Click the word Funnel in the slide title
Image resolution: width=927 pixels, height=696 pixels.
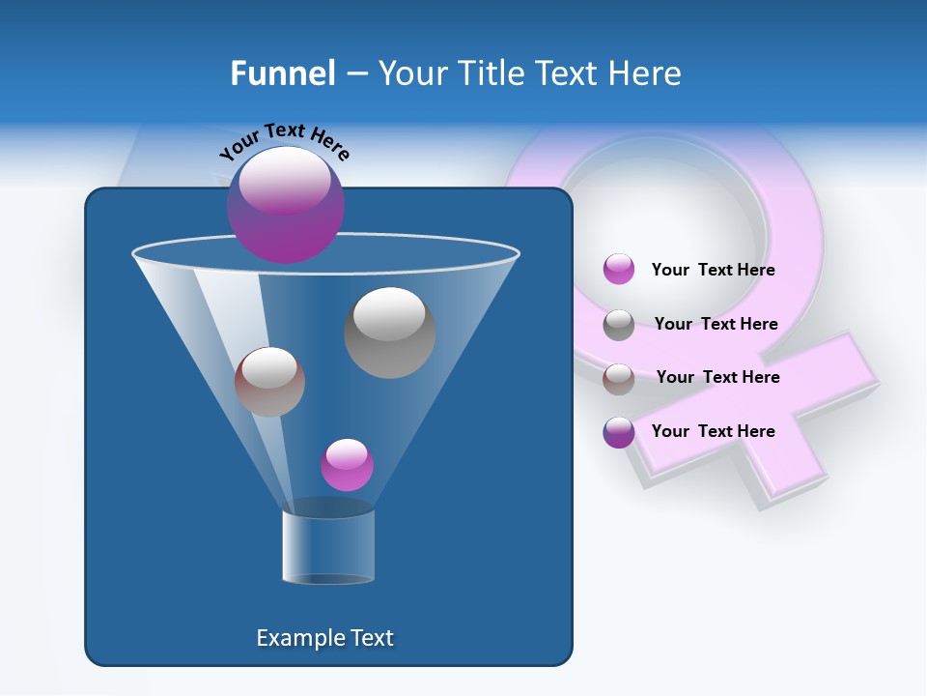coord(282,72)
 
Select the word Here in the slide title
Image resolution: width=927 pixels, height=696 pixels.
coord(644,72)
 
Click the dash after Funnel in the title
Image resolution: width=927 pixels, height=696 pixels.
coord(355,73)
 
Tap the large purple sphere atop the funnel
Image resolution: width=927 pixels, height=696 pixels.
coord(286,204)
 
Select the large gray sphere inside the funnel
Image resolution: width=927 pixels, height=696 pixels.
coord(389,333)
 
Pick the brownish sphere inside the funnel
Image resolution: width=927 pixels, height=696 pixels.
coord(269,382)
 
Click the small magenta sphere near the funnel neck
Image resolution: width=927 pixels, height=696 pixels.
coord(347,465)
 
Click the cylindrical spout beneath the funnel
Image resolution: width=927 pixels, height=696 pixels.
coord(328,546)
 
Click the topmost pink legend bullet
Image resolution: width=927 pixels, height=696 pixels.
coord(619,270)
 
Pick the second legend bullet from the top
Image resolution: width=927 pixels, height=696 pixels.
coord(619,325)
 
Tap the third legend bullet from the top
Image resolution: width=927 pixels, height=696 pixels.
coord(619,379)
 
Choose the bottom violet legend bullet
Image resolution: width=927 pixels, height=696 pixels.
coord(619,432)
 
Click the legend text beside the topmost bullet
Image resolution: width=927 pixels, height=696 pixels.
coord(713,270)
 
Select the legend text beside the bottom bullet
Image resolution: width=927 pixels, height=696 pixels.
coord(713,431)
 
